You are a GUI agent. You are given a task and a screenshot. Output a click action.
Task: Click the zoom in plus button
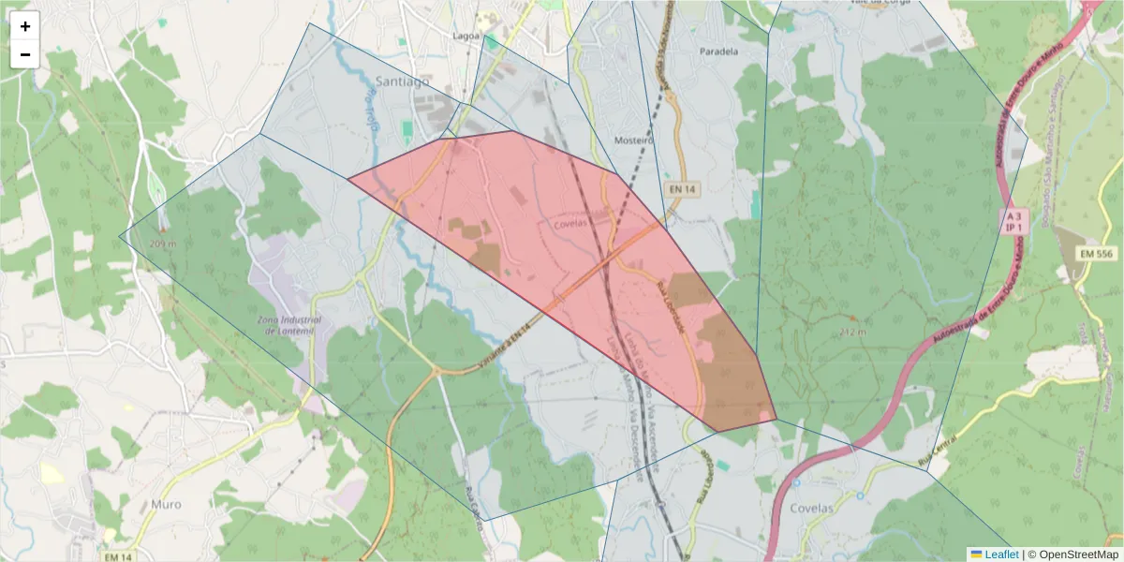pyautogui.click(x=25, y=26)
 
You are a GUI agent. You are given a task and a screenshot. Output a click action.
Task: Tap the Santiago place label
pyautogui.click(x=402, y=81)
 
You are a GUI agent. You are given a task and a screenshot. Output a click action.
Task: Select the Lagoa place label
pyautogui.click(x=466, y=37)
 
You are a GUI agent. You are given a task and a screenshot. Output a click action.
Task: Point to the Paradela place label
pyautogui.click(x=718, y=52)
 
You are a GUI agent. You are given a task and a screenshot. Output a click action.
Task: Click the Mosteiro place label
pyautogui.click(x=632, y=140)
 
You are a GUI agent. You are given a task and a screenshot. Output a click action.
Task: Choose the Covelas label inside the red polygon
pyautogui.click(x=569, y=223)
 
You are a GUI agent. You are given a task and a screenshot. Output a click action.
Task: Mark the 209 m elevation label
pyautogui.click(x=163, y=244)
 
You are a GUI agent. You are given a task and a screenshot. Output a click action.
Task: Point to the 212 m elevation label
pyautogui.click(x=853, y=332)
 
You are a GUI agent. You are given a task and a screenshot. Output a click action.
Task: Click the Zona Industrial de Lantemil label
pyautogui.click(x=288, y=325)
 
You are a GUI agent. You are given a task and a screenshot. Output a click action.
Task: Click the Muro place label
pyautogui.click(x=166, y=504)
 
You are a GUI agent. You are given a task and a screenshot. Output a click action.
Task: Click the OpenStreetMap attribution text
pyautogui.click(x=1072, y=555)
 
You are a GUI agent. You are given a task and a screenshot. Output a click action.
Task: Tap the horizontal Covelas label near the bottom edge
pyautogui.click(x=812, y=508)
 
